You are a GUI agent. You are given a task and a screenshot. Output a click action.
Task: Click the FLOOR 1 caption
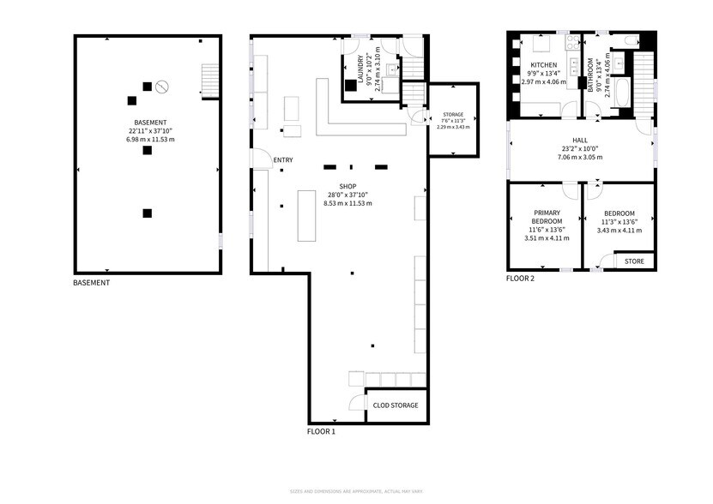[322, 431]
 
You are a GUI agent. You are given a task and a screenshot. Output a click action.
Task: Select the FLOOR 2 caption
[520, 279]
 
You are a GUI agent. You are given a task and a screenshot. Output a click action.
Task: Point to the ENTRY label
[283, 160]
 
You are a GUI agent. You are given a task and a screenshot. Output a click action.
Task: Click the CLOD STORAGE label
[396, 405]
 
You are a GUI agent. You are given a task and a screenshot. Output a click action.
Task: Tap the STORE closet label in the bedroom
[634, 261]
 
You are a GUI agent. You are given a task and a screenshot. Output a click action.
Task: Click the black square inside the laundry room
[351, 84]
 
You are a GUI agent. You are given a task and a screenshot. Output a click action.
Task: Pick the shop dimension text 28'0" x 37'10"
[347, 194]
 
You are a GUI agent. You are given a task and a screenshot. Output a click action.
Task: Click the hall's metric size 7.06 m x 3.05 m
[580, 158]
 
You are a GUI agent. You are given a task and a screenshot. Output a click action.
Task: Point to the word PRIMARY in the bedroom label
[546, 213]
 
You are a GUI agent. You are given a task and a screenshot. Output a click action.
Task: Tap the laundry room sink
[391, 70]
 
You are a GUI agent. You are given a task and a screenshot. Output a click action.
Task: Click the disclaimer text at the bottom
[356, 491]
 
